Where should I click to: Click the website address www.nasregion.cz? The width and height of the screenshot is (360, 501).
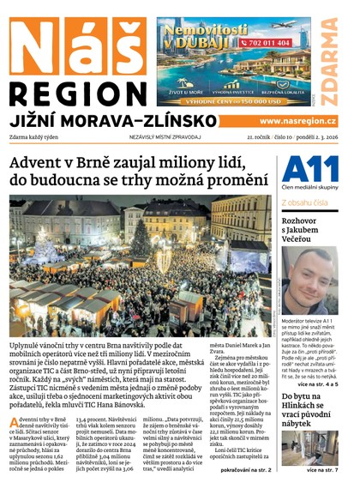pyautogui.click(x=297, y=121)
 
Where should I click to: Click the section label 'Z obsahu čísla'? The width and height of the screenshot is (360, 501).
pyautogui.click(x=304, y=203)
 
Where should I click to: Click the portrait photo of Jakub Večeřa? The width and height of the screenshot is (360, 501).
pyautogui.click(x=309, y=281)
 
